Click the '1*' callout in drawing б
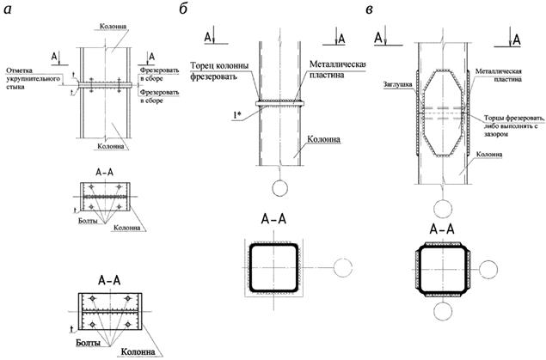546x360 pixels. pos(235,113)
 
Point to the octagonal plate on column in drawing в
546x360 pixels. pos(441,113)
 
